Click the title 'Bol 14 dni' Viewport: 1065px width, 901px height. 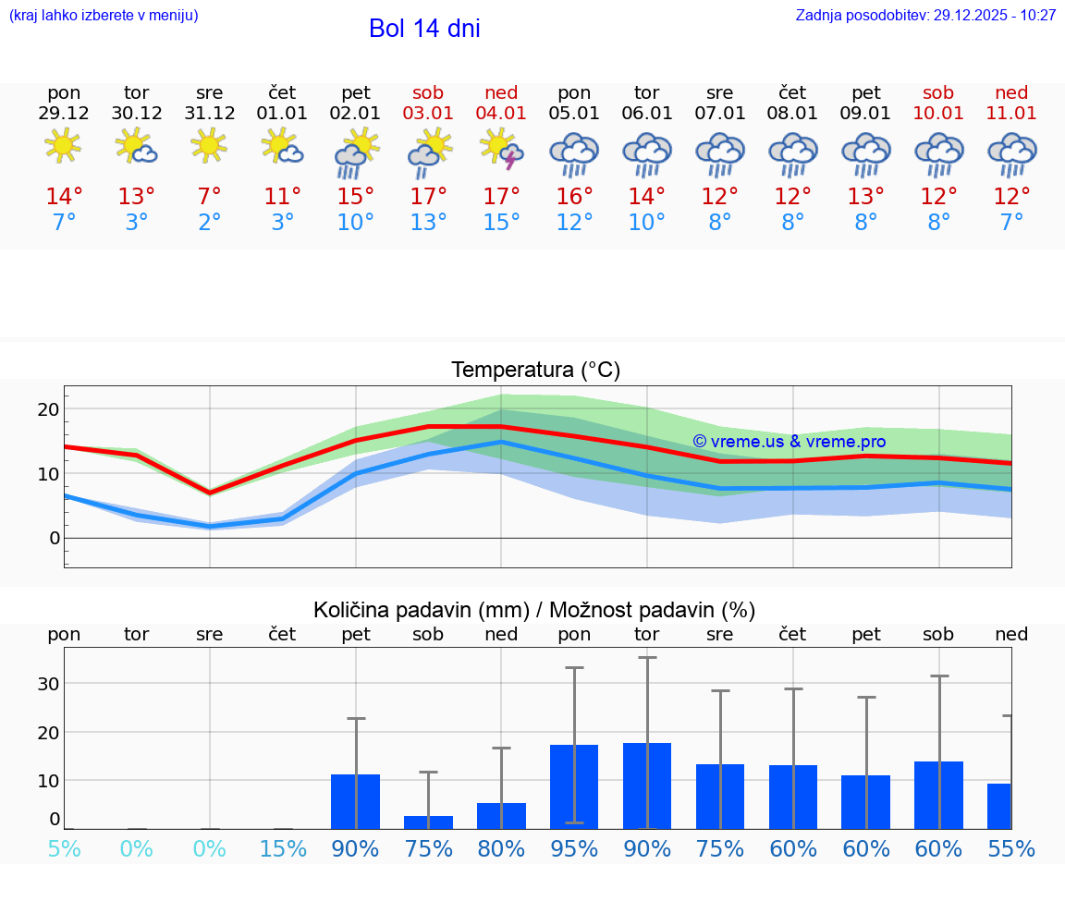click(x=424, y=29)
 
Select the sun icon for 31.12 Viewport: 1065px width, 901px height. click(x=210, y=145)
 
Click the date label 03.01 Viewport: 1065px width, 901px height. click(x=428, y=114)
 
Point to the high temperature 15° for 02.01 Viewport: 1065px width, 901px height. click(x=356, y=197)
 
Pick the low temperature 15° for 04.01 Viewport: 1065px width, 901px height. click(x=501, y=222)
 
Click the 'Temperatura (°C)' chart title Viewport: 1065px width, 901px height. click(x=535, y=371)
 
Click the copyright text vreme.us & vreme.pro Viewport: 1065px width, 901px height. click(x=789, y=442)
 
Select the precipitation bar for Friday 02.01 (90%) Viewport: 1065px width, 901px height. click(x=356, y=801)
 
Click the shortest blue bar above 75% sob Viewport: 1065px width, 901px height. click(x=428, y=822)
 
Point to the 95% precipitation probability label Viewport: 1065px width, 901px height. click(x=574, y=848)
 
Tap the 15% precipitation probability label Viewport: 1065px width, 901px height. click(x=283, y=848)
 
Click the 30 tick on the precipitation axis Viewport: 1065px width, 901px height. click(x=49, y=684)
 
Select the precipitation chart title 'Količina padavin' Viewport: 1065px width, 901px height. click(x=534, y=610)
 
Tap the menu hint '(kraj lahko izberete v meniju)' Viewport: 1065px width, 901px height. click(x=104, y=16)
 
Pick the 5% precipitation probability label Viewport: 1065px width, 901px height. click(x=64, y=848)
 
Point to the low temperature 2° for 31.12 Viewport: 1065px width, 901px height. click(x=210, y=222)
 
